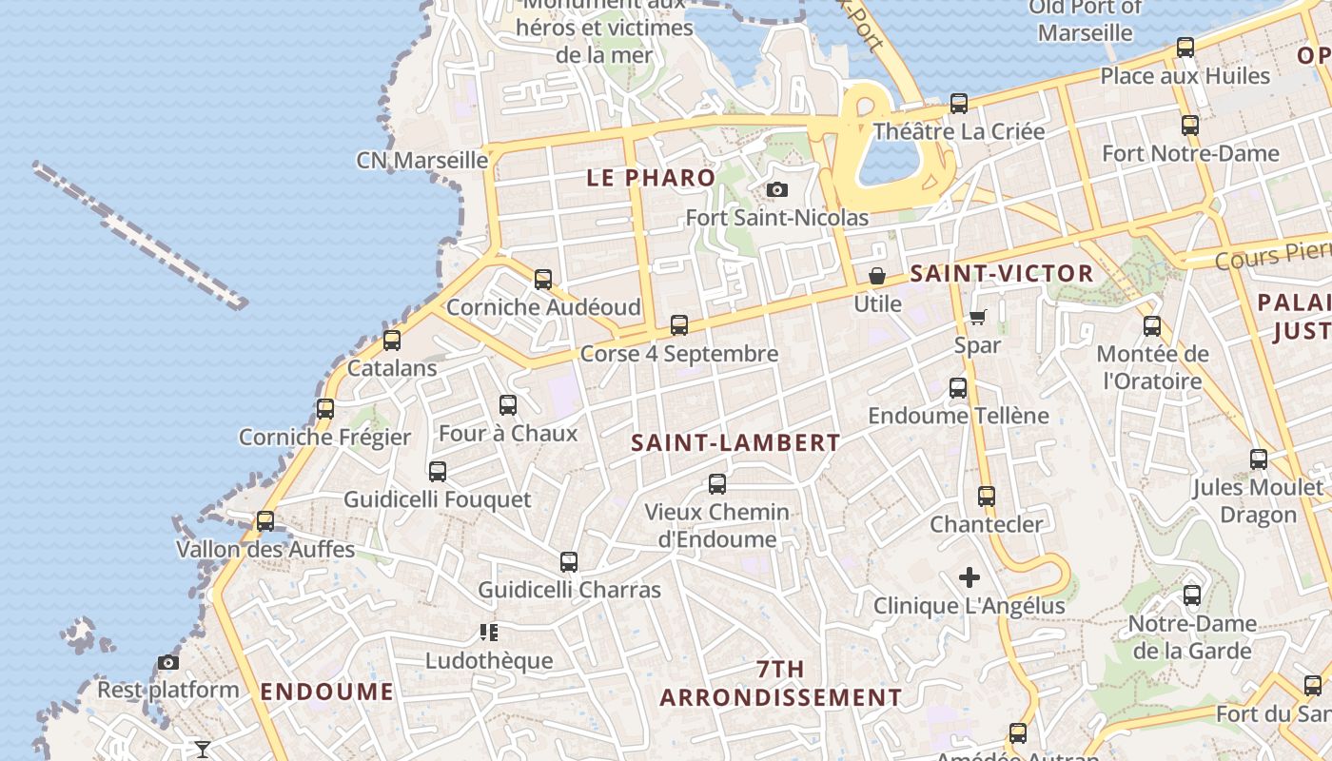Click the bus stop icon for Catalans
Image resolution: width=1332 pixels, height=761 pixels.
[x=391, y=341]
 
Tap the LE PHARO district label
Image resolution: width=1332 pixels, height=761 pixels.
[x=651, y=178]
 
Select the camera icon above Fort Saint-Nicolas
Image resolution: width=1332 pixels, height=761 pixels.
[x=777, y=190]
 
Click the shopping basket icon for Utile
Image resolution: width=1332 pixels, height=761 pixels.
[x=877, y=277]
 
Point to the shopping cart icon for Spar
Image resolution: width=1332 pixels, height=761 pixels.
[x=978, y=317]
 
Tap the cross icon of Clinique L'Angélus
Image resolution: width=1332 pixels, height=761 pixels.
[x=970, y=577]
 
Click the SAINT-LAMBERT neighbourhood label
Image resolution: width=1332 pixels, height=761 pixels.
[x=735, y=442]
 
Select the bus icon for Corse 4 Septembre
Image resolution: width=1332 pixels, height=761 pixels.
[x=679, y=325]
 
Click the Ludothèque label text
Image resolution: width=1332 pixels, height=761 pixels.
[x=489, y=660]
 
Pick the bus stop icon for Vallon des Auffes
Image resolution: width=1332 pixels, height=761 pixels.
[x=265, y=521]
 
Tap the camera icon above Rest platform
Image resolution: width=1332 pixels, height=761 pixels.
[x=168, y=662]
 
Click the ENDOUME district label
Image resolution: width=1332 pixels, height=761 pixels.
[x=326, y=692]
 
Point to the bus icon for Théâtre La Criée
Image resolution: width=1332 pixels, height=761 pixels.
[x=959, y=104]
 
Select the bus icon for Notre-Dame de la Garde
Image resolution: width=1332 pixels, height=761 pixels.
[x=1192, y=596]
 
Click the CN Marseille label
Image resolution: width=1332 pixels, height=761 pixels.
[x=421, y=160]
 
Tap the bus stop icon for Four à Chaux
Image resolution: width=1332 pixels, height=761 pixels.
[x=508, y=405]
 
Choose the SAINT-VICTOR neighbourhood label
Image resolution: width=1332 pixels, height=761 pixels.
[x=1002, y=274]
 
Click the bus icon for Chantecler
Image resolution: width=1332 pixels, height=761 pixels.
[x=987, y=497]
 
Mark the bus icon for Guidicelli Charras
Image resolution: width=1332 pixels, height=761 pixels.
[x=569, y=562]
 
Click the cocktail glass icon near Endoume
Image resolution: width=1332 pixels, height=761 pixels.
[x=203, y=750]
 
